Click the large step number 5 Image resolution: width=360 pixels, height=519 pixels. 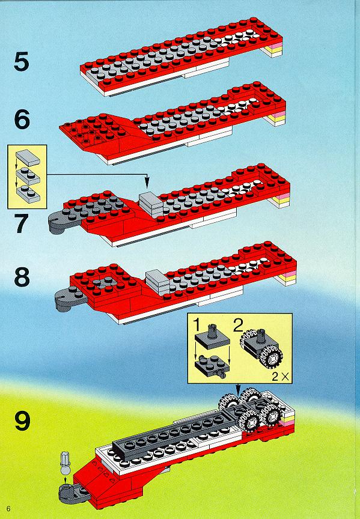tap(22, 62)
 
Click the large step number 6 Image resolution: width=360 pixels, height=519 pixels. tap(22, 120)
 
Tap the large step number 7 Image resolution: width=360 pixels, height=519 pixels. tap(22, 223)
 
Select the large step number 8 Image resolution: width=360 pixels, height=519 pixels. tap(22, 277)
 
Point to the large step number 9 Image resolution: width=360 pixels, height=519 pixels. tap(22, 420)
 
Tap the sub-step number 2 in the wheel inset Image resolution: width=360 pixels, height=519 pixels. tap(238, 325)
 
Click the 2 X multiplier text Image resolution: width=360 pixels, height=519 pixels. tap(280, 377)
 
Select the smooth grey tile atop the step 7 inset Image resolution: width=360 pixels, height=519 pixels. tap(28, 157)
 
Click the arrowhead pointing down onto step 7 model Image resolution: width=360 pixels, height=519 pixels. tap(147, 184)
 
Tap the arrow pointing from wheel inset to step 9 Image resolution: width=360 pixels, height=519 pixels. tap(238, 389)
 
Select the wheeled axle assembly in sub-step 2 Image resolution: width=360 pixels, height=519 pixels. tap(261, 348)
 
